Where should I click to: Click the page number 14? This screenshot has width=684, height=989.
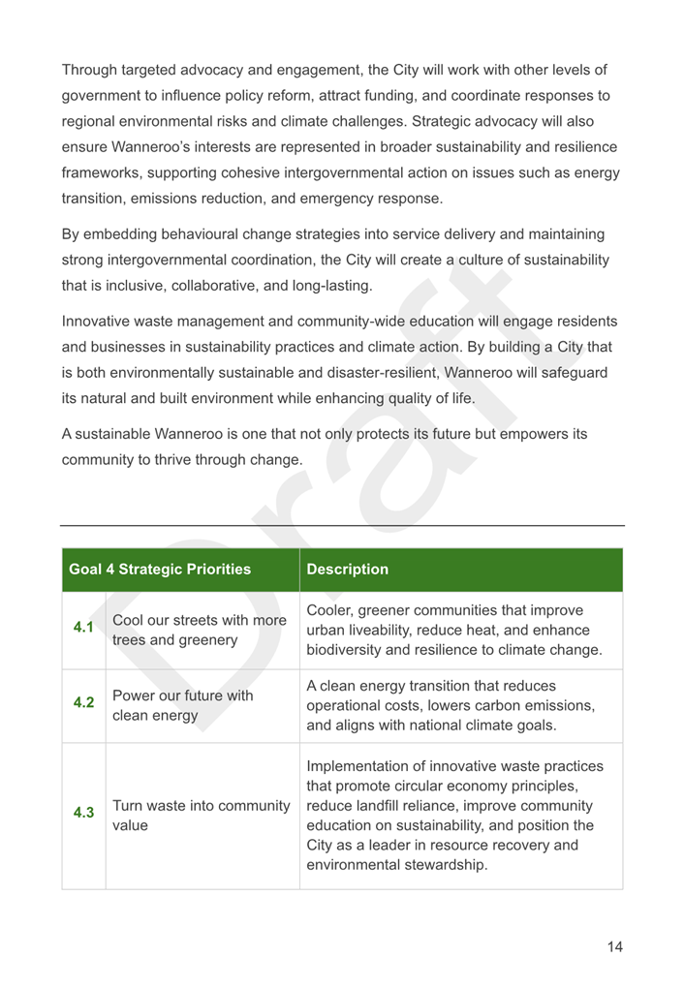614,946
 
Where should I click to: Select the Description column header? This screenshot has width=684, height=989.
347,570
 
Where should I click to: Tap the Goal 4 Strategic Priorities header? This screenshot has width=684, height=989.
160,570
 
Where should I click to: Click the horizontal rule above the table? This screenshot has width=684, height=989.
342,526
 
